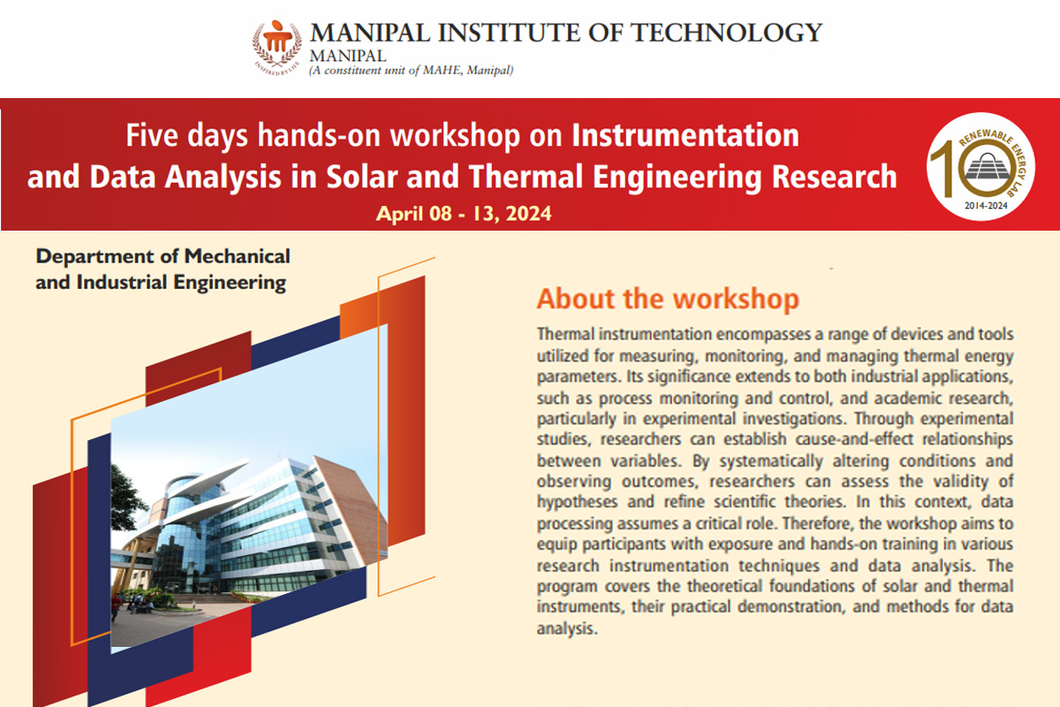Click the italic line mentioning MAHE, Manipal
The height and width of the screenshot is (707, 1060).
click(x=412, y=71)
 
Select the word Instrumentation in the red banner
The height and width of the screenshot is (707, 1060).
click(x=685, y=135)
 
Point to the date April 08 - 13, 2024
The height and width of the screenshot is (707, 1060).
click(x=464, y=214)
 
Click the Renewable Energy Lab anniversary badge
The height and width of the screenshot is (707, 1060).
click(x=981, y=167)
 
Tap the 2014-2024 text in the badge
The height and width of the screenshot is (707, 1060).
click(x=986, y=206)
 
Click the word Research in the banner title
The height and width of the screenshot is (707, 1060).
click(x=834, y=177)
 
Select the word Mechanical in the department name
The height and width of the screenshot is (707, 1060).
click(x=237, y=256)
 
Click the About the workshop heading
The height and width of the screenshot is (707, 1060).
click(x=668, y=299)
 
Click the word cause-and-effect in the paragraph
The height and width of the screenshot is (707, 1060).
click(x=853, y=439)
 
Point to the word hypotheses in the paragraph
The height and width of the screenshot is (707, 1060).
click(x=577, y=502)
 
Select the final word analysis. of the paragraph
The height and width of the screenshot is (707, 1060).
click(x=567, y=629)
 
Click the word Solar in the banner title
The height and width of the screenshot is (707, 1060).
click(x=361, y=177)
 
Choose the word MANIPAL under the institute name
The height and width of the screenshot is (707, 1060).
click(x=348, y=56)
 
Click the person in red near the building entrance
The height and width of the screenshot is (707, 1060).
click(x=115, y=607)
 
